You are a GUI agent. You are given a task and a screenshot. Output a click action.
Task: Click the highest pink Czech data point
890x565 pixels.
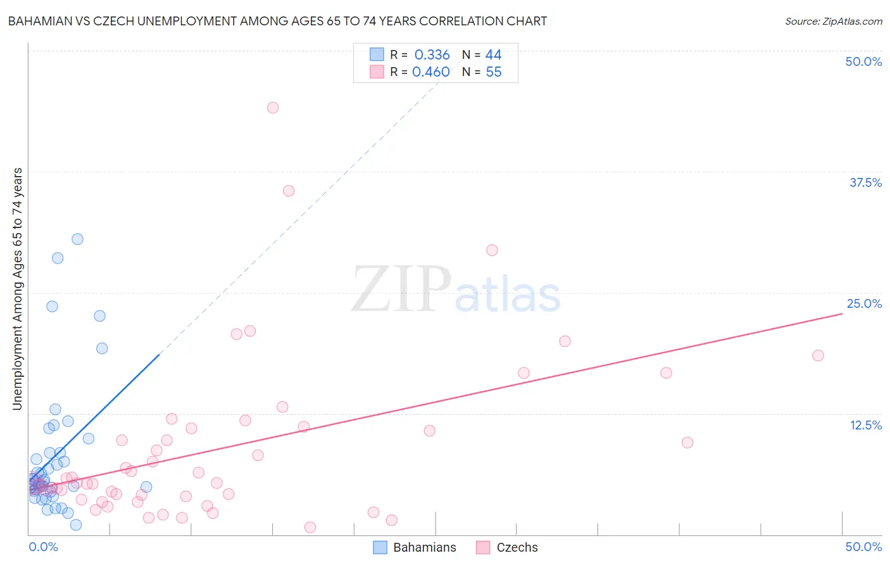pos(273,108)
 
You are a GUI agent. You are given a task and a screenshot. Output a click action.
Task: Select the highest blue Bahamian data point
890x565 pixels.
pos(77,239)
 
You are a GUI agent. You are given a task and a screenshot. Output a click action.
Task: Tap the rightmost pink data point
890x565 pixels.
pos(818,355)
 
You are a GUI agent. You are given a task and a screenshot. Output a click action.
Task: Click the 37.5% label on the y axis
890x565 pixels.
pos(865,182)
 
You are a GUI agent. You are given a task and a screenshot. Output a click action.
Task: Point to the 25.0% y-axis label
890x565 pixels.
pos(864,303)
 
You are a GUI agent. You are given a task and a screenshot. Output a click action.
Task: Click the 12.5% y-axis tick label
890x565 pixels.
pos(865,425)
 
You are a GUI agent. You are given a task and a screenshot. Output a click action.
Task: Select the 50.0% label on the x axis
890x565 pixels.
pos(863,547)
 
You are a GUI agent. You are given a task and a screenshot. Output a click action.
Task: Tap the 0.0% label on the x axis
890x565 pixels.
pos(43,547)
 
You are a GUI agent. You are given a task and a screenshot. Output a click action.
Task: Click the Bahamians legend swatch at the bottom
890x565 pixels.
pos(380,547)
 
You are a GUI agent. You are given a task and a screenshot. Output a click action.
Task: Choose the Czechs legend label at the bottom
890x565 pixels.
pos(517,547)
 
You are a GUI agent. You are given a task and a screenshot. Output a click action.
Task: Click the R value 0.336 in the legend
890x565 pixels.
pos(432,55)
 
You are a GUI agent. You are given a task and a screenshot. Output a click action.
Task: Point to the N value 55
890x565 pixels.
pos(494,72)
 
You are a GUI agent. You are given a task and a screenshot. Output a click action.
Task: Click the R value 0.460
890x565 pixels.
pos(430,72)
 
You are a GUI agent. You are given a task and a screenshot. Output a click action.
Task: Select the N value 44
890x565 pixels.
pos(494,55)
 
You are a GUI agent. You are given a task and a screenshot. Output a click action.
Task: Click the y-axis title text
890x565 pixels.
pos(18,289)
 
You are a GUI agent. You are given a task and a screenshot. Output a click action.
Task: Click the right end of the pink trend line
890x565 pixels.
pos(842,314)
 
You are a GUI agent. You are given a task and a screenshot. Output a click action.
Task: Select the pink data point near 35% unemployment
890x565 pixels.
pos(289,191)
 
